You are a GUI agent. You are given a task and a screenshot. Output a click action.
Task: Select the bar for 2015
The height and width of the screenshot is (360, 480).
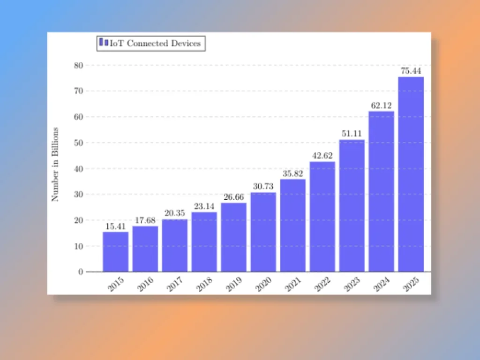tap(115, 252)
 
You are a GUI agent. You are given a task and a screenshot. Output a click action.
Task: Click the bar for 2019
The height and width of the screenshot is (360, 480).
tap(233, 237)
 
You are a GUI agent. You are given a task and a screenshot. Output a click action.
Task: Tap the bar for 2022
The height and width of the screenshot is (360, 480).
tap(322, 217)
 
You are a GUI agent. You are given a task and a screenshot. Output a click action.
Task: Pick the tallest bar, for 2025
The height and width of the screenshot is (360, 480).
tap(411, 174)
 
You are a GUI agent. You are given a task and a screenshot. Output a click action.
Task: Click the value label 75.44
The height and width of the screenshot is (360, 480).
tap(411, 71)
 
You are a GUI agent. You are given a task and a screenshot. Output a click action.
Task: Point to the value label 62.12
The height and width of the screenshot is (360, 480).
tap(381, 105)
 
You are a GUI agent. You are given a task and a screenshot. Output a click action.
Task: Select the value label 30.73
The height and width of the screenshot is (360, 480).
tap(263, 187)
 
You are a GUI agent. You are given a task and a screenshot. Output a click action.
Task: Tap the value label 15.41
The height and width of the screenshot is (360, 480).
tap(115, 226)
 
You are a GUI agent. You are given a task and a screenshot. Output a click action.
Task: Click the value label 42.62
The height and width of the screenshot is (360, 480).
tap(322, 156)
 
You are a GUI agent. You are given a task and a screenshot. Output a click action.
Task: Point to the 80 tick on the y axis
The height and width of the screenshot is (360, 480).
tap(78, 65)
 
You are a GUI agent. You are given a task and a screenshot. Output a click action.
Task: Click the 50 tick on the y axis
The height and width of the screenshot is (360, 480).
tap(78, 142)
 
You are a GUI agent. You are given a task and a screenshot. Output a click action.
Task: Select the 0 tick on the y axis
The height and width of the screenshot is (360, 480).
tap(80, 271)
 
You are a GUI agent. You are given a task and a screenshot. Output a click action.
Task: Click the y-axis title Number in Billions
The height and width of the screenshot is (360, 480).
tap(55, 164)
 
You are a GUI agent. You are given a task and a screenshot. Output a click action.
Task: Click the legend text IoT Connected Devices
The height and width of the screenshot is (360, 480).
tap(155, 44)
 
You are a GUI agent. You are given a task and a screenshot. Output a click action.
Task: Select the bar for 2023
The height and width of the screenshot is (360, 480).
tap(352, 206)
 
